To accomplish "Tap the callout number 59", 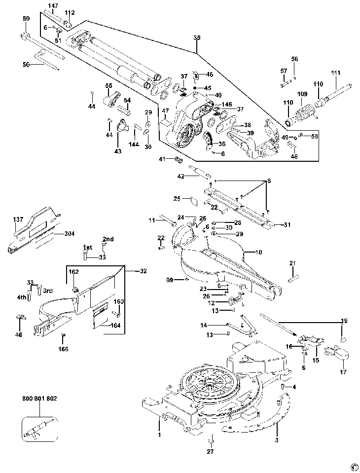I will click(x=26, y=18).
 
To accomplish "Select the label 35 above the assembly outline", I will click(x=197, y=38).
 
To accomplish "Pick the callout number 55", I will click(x=109, y=86).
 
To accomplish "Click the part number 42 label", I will click(x=180, y=176).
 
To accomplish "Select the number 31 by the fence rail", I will click(x=287, y=225).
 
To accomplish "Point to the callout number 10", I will click(x=258, y=252).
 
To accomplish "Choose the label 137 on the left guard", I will click(x=18, y=219).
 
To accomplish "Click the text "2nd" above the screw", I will click(x=108, y=239).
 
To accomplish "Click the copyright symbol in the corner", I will click(x=353, y=466).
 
